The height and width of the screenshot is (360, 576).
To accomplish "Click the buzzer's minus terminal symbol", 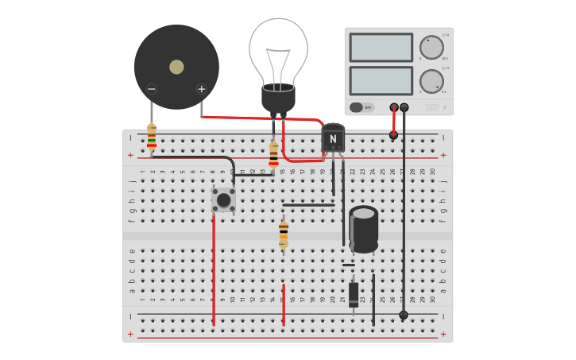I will [x=152, y=89].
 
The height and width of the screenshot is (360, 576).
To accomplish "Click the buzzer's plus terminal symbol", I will [x=201, y=89].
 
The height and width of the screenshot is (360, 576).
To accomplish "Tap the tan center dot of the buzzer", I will [x=176, y=67].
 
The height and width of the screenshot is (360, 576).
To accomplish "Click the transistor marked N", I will [x=333, y=138].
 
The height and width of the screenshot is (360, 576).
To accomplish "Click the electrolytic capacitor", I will [x=364, y=229].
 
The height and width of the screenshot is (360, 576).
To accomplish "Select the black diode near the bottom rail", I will [x=354, y=294].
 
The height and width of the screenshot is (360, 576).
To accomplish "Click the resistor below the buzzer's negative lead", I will [x=152, y=137].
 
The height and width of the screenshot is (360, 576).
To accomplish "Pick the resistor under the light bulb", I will [x=274, y=154].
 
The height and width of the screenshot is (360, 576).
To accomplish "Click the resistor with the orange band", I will [x=284, y=234].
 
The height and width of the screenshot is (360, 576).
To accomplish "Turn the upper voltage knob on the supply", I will [x=431, y=48].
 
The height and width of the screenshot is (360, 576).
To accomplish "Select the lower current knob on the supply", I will [x=431, y=81].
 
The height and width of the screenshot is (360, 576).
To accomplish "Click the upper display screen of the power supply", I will [x=381, y=48].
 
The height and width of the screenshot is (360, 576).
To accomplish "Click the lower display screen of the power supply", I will [x=381, y=80].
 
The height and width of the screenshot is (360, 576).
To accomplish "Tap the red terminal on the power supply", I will [x=394, y=107].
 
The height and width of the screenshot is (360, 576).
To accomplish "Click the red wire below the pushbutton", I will [x=214, y=270].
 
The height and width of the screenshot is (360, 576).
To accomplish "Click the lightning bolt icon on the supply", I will [x=444, y=108].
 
